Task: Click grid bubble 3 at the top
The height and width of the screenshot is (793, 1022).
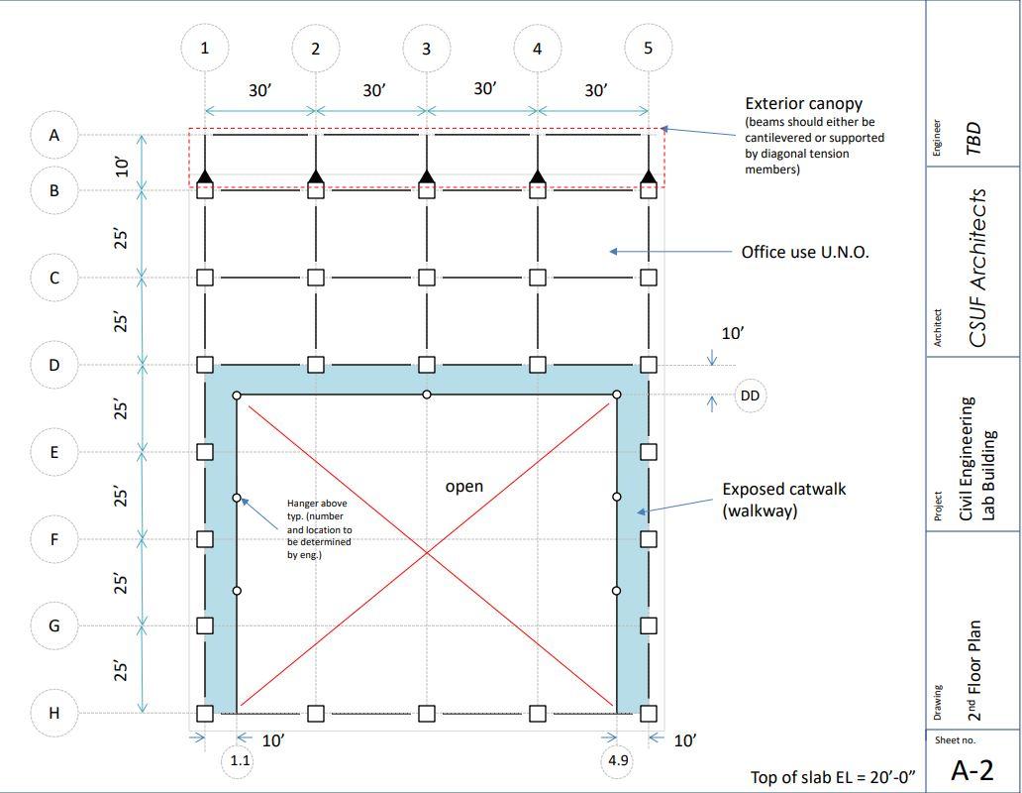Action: [427, 48]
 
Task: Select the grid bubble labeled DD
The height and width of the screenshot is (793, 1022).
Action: [750, 396]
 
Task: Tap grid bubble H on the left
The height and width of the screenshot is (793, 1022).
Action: [54, 713]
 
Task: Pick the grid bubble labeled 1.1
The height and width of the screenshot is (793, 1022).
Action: [240, 760]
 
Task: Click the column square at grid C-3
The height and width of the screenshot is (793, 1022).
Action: [427, 278]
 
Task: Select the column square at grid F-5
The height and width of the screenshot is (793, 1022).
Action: [648, 539]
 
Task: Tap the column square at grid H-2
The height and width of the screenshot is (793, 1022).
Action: [316, 713]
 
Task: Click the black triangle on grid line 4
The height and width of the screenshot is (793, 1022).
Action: [538, 177]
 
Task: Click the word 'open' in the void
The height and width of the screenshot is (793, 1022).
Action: [464, 486]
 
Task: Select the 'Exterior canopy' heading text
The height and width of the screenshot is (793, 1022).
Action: [803, 103]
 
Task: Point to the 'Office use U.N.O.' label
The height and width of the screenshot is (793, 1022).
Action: [805, 252]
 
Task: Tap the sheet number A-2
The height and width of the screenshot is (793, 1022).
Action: [971, 769]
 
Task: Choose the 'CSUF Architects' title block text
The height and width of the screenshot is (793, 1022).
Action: [978, 268]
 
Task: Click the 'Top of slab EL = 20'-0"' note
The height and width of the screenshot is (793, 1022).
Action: [833, 777]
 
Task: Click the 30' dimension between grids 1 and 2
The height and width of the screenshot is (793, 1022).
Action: [259, 90]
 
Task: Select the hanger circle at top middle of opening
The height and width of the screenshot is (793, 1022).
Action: [427, 395]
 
